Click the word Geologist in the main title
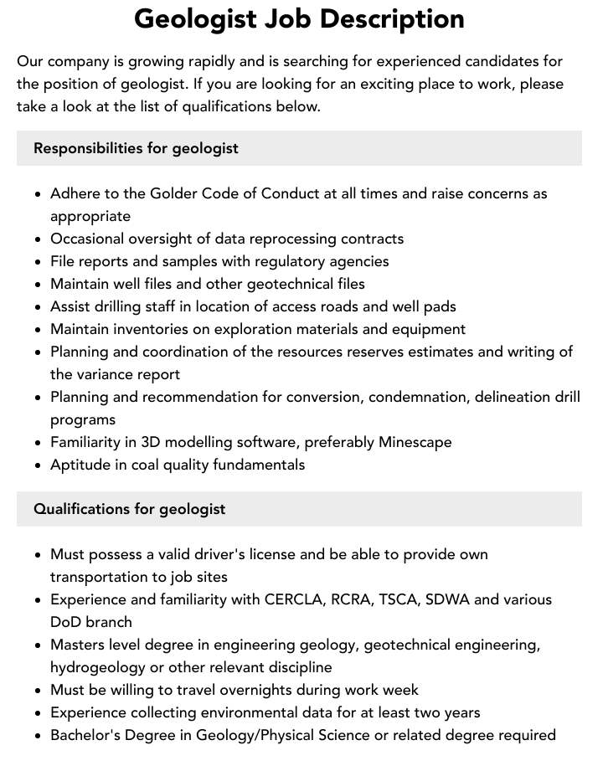click(x=195, y=19)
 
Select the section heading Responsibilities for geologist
click(x=136, y=148)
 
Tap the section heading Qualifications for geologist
click(x=129, y=509)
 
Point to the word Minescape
click(x=415, y=442)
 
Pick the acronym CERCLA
click(x=296, y=599)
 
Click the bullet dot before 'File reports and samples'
click(x=39, y=262)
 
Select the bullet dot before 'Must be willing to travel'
click(x=39, y=691)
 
